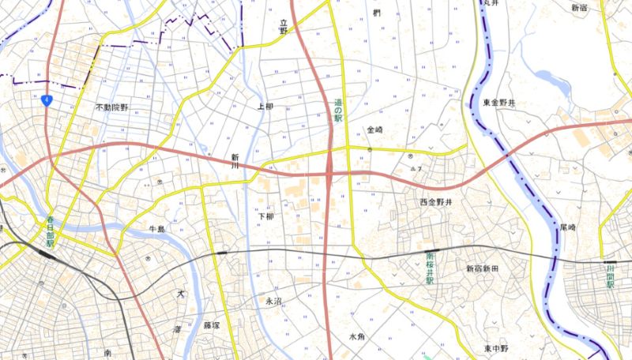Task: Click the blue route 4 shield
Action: coord(48,99)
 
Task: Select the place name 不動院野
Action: coord(111,107)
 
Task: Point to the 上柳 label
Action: coord(265,106)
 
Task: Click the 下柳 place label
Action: coord(265,216)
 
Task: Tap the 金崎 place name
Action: coord(374,129)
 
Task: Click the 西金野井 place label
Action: coord(435,203)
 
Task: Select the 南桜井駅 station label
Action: coord(430,268)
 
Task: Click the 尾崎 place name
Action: coord(567,227)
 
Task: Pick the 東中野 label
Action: coord(498,348)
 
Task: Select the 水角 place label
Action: coord(357,336)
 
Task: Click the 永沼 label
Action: coord(273,301)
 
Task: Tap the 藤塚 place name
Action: coord(211,324)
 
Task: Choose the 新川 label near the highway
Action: coord(234,162)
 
